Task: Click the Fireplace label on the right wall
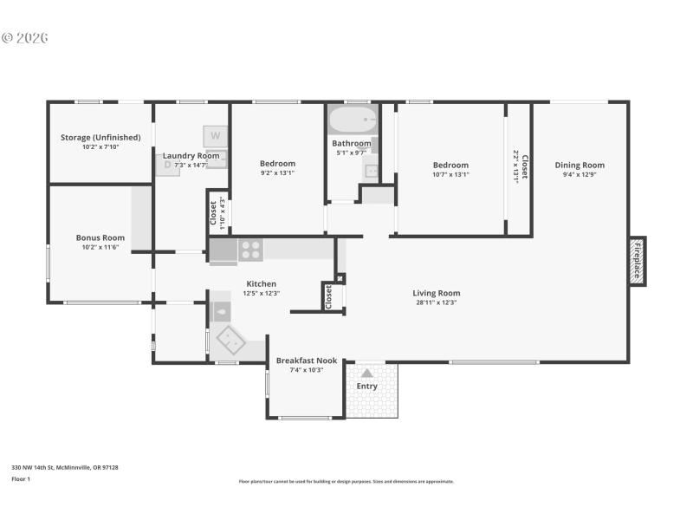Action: click(637, 260)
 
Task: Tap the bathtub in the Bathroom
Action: click(352, 120)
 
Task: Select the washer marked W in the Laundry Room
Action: click(216, 136)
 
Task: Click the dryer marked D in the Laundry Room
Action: click(168, 165)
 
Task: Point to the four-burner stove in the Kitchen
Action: click(250, 250)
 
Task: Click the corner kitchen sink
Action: click(232, 336)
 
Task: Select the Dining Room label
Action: click(580, 165)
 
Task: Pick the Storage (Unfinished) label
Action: click(100, 137)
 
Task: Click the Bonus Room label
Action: click(100, 237)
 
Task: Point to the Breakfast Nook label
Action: click(306, 361)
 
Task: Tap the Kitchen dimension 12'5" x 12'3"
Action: click(261, 294)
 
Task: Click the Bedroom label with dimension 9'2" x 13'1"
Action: click(277, 163)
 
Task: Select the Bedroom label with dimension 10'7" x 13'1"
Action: click(450, 165)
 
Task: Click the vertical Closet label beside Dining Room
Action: click(524, 166)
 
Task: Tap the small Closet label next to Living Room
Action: click(328, 297)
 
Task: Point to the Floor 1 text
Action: click(20, 478)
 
